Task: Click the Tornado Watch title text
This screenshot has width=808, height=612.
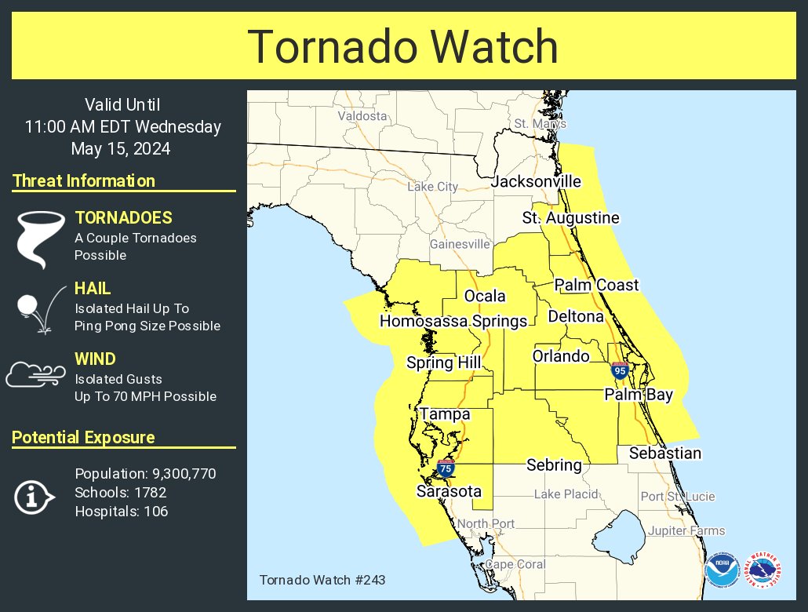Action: tap(403, 47)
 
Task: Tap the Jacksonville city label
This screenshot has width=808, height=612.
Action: tap(537, 182)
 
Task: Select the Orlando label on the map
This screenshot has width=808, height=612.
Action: tap(561, 356)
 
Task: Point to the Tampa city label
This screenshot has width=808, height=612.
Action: tap(445, 414)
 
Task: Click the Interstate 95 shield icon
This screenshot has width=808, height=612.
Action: tap(621, 370)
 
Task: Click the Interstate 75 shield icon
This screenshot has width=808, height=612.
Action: tap(446, 468)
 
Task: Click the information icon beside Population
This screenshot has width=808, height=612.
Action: tap(34, 497)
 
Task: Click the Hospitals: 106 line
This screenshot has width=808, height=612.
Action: tap(121, 512)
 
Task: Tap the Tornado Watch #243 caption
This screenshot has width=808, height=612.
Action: tap(322, 581)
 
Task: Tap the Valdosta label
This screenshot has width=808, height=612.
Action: tap(362, 116)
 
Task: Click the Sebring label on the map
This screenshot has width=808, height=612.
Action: tap(554, 465)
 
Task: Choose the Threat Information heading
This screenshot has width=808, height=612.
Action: tap(84, 181)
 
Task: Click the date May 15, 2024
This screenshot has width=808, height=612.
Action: tap(121, 148)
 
